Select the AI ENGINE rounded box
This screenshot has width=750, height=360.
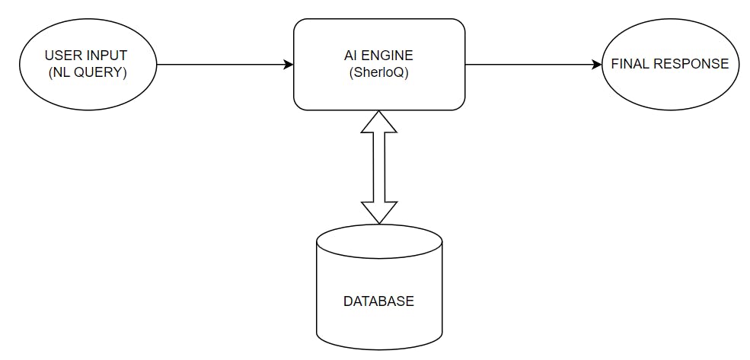coord(379,65)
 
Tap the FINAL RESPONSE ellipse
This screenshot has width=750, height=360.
coord(670,64)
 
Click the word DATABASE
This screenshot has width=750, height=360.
coord(379,301)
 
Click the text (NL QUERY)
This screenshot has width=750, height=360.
coord(87,74)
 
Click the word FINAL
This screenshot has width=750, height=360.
coord(629,64)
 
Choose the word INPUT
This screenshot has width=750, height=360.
coord(108,56)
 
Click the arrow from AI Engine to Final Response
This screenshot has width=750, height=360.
coord(533,65)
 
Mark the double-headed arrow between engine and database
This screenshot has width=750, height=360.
coord(379,167)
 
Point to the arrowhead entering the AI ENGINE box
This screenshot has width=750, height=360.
coord(289,65)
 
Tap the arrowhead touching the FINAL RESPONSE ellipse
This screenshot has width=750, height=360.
coord(597,65)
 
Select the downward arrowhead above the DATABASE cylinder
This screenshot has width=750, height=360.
coord(379,213)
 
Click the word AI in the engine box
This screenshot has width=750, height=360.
coord(350,56)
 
